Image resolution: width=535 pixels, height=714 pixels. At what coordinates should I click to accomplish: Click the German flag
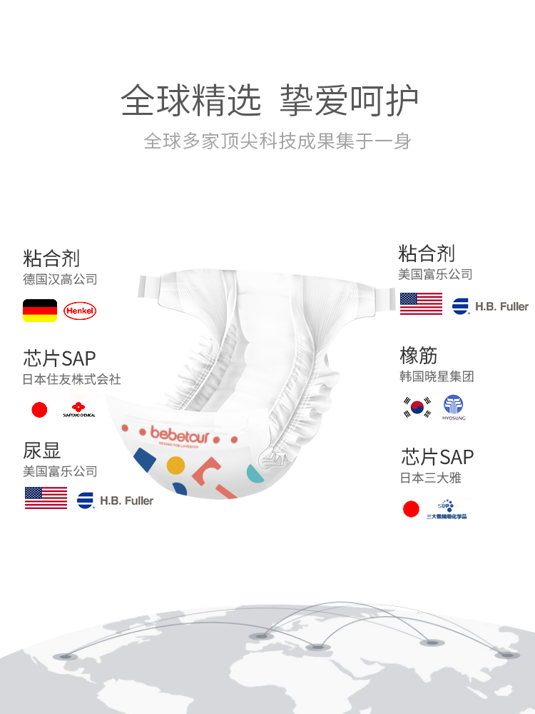pos(40,311)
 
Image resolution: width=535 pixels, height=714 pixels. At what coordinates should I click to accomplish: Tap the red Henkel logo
pos(79,311)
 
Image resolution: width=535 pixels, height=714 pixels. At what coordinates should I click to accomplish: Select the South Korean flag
pos(417,407)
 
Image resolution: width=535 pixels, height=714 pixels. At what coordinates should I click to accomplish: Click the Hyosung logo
pos(454,407)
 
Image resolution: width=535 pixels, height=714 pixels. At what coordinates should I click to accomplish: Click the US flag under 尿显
pos(46,498)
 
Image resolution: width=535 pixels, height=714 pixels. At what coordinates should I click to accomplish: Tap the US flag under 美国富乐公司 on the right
pos(421,303)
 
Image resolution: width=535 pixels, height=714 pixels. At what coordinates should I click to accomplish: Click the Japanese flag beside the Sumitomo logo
pos(39,410)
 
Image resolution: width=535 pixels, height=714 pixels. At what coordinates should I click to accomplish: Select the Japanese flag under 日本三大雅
pos(411,508)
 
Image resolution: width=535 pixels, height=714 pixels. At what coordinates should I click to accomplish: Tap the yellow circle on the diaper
pos(175,466)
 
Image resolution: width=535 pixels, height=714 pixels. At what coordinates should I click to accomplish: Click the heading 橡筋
pos(418,356)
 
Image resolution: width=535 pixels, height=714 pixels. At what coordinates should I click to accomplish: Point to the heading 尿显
pos(42,451)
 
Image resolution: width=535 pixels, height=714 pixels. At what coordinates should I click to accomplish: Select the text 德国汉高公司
pos(60,279)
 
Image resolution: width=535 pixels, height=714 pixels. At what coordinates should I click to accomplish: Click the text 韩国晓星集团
pos(437,376)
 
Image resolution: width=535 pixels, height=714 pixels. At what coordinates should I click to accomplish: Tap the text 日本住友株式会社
pos(72,379)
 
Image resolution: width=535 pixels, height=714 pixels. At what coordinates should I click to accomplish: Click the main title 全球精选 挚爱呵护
pos(269,101)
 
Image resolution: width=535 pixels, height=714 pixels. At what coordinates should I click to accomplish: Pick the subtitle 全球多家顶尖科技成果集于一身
pos(277,141)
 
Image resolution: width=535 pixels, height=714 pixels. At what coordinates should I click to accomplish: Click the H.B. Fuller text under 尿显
pos(126,501)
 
